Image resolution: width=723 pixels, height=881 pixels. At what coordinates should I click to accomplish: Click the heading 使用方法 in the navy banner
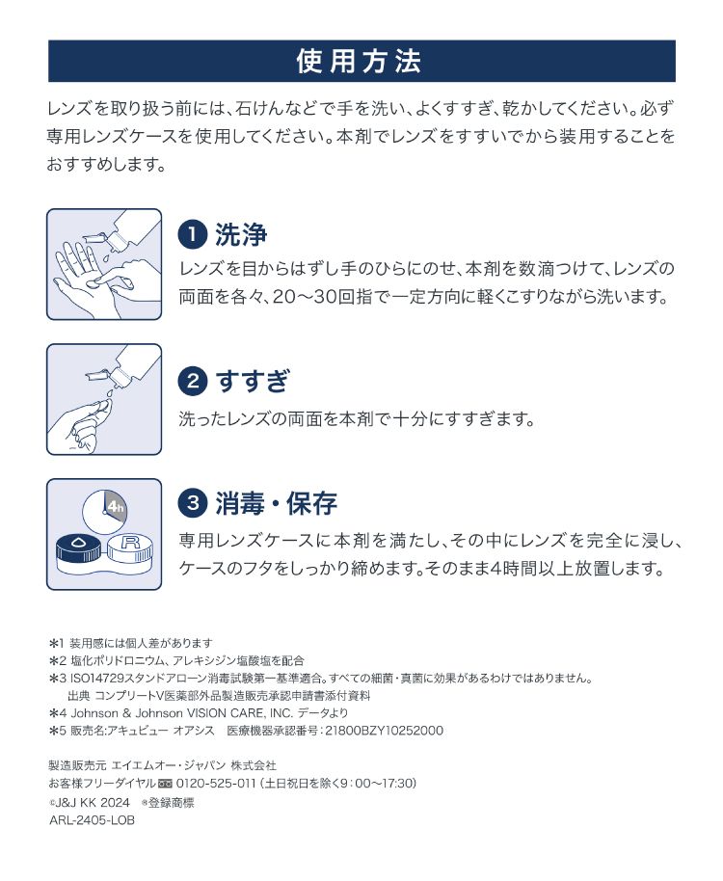coord(359,62)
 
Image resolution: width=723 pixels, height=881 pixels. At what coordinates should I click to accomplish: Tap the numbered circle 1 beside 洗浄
coord(193,234)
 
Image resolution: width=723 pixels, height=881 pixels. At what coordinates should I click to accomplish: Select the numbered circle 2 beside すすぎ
coord(193,381)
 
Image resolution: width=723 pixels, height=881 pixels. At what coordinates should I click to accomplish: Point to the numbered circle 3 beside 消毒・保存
coord(193,502)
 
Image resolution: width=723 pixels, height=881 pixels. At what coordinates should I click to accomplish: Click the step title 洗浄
coord(242,234)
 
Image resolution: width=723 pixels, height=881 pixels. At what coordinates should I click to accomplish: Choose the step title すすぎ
coord(253,381)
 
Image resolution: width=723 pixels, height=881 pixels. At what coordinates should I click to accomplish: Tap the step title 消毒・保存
coord(277,503)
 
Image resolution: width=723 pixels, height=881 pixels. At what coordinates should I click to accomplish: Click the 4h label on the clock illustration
coord(116,506)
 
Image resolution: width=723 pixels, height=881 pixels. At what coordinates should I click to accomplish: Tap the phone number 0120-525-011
coord(216,784)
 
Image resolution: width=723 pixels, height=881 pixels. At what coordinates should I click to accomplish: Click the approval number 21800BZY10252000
coord(385,731)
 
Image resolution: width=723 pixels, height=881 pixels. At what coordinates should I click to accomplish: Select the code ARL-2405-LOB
coord(93,820)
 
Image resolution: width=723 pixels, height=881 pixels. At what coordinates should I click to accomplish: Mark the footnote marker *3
coord(58,679)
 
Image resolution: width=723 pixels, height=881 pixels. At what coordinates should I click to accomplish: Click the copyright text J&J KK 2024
coord(93,802)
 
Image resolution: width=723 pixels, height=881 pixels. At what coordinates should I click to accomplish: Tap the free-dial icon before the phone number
coord(165,784)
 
